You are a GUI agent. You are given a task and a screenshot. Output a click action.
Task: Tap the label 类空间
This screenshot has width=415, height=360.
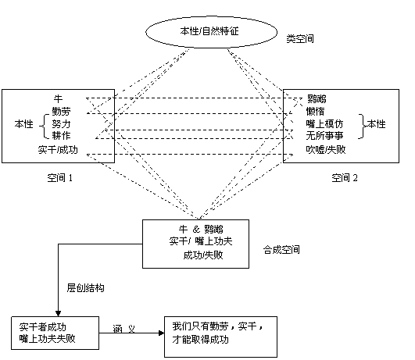[x=300, y=39]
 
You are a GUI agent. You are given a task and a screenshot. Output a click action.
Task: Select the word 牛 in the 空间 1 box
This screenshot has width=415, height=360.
[x=58, y=98]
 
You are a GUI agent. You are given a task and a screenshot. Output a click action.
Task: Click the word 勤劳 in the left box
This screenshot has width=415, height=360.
[x=61, y=112]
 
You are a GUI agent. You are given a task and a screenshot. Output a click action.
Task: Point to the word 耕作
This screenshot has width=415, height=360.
[x=61, y=135]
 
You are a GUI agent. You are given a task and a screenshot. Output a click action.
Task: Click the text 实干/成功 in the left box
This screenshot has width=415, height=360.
[x=58, y=150]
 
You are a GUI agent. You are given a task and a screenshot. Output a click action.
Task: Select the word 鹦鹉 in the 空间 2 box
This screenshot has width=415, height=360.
[x=317, y=99]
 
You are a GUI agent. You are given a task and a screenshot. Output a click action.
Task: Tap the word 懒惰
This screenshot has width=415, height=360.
[x=315, y=111]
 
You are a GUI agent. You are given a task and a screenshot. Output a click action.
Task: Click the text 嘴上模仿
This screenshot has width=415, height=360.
[x=324, y=123]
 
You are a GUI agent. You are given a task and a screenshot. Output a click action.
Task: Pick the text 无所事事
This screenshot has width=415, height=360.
[x=324, y=136]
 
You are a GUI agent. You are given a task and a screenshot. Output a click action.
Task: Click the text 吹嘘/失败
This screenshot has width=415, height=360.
[x=326, y=149]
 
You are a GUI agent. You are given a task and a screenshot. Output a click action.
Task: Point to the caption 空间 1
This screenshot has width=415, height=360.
[x=60, y=178]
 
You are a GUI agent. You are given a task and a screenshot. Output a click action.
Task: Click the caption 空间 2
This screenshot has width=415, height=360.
[x=345, y=178]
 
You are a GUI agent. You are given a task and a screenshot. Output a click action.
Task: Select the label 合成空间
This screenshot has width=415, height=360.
[x=281, y=249]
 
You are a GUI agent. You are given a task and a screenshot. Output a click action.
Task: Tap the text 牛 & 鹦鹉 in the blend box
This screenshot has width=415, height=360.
[x=201, y=229]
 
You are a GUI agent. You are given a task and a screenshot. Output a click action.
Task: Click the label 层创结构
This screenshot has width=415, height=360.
[x=85, y=288]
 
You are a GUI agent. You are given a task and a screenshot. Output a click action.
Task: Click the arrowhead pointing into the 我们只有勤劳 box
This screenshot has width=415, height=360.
[x=161, y=333]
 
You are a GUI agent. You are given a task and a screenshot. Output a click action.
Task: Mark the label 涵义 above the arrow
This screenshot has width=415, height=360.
[x=123, y=329]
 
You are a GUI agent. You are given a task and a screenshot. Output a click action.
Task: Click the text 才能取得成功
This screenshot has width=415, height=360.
[x=200, y=340]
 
